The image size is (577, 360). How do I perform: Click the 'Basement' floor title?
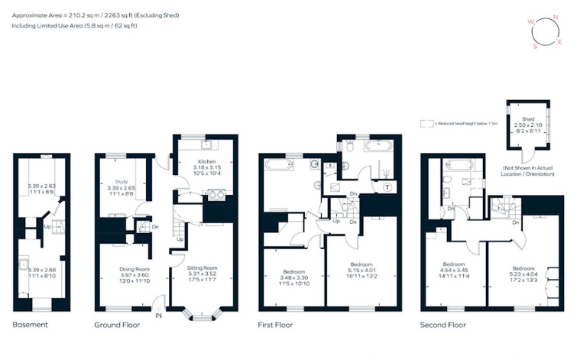pos(31,325)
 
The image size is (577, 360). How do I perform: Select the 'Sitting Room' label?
pos(203,269)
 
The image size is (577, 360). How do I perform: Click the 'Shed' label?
pos(528,119)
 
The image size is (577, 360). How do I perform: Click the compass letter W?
pos(532,23)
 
